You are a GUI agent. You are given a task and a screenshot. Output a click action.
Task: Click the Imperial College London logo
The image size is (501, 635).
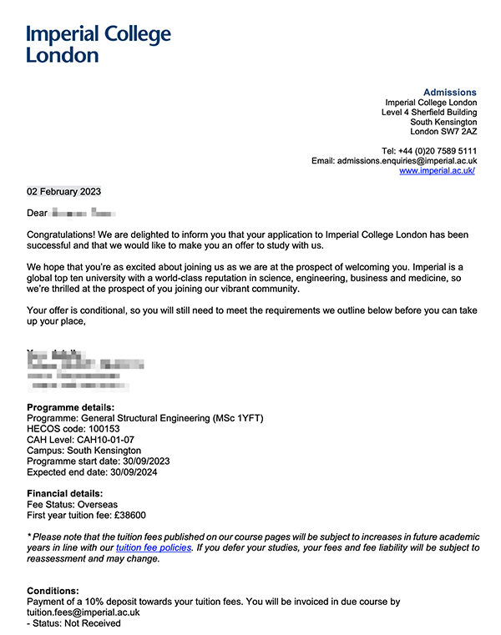(x=99, y=43)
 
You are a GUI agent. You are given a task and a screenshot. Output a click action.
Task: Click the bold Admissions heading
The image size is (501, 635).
(x=449, y=93)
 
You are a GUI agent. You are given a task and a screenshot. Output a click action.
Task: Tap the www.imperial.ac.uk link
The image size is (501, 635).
(x=438, y=170)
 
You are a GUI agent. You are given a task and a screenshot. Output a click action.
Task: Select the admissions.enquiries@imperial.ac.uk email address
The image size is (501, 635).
(x=407, y=160)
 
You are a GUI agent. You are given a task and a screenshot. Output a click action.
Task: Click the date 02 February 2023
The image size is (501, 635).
(x=63, y=191)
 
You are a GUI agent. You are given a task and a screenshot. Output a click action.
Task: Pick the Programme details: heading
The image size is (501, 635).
(x=70, y=407)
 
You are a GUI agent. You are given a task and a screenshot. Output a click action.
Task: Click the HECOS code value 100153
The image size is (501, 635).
(x=104, y=429)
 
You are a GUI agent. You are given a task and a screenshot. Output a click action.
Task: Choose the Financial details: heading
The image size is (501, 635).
(x=65, y=494)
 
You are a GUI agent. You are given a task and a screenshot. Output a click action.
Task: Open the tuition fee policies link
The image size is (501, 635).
(x=154, y=548)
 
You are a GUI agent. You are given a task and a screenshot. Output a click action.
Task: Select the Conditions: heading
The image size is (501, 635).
(x=53, y=590)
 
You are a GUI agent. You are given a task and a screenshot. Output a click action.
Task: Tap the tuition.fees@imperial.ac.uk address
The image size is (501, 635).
(x=83, y=612)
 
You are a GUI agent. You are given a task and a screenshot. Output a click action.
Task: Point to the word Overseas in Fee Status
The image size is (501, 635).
(x=97, y=505)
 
